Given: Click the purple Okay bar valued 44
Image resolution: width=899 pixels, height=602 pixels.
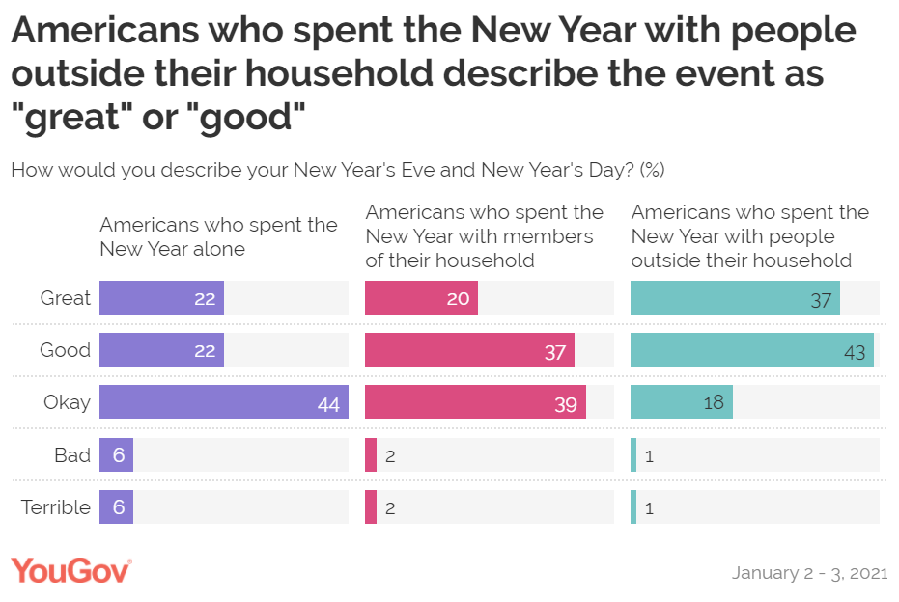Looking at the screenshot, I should coord(223,402).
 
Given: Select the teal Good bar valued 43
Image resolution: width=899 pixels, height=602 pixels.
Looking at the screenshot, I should coord(751,350).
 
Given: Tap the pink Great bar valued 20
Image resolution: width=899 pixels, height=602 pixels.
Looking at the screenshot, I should coord(421,298).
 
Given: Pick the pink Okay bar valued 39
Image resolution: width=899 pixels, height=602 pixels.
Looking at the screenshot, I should coord(475,402).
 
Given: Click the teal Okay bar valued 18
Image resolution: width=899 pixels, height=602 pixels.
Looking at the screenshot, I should coord(681,402).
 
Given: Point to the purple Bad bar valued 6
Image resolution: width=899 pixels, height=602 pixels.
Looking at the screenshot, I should coord(116,454).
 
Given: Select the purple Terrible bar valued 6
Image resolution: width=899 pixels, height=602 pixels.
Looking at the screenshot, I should coord(116,506).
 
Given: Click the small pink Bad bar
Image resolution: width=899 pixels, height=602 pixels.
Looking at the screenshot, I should coord(371,454).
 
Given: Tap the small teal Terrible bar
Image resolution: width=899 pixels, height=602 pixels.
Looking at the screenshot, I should coord(633,506).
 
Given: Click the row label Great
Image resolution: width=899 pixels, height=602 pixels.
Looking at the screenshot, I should coord(65,298).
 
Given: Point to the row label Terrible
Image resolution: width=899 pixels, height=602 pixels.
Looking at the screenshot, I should coord(56,506).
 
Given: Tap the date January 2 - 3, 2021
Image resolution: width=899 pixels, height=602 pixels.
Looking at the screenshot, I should coord(809,572).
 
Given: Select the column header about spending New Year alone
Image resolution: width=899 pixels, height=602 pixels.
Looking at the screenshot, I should coord(218,236).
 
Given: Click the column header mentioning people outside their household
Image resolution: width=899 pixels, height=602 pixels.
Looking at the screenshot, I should coord(750,236).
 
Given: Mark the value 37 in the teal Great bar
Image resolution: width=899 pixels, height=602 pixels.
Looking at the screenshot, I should coord(821,300).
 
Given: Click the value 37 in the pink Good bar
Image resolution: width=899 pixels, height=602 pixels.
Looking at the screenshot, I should coord(554,352).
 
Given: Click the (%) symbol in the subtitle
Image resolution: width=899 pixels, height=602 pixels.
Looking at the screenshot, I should coord(653,170).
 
